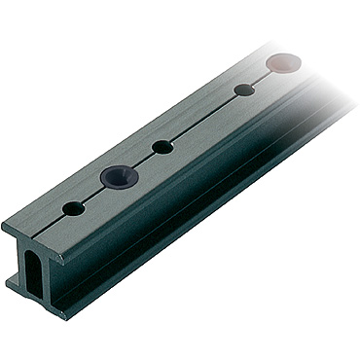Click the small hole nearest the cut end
coord(73,208)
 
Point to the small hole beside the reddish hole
coord(245,90)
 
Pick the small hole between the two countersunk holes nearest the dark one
coord(162,147)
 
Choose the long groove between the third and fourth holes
coord(204,118)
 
